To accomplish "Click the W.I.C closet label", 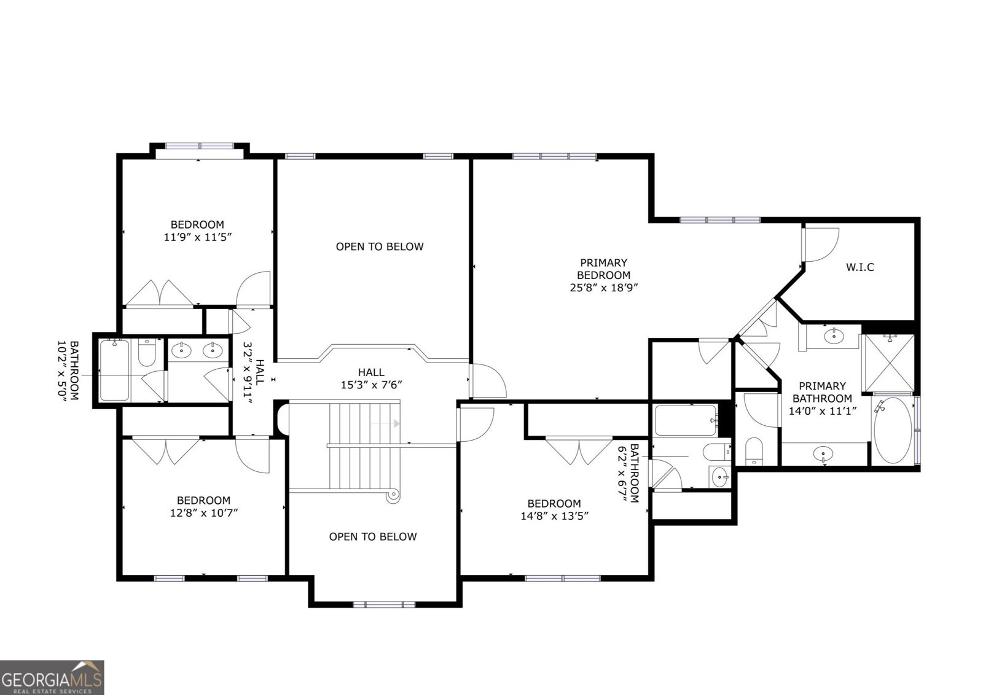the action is pos(860,267).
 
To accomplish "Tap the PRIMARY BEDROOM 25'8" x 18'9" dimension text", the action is pos(603,275).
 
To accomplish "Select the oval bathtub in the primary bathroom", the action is pos(893,430).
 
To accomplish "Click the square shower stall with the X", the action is pos(888,363).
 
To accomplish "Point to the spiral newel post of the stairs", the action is pos(393,495).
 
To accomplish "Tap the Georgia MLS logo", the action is pos(52,677).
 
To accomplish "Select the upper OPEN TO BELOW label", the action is pos(380,247).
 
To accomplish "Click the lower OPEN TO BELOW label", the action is pos(372,536).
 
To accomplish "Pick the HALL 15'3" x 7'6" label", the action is pos(371,379).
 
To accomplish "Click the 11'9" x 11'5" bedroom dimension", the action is pos(197,237).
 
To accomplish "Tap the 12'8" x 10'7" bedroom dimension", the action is pos(203,512).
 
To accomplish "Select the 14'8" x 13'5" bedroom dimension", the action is pos(554,516).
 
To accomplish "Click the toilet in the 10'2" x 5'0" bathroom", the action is pos(147,352).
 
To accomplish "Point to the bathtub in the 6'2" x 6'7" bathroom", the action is pos(686,420).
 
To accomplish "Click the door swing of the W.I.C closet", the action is pos(821,245).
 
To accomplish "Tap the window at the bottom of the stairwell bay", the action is pos(384,605).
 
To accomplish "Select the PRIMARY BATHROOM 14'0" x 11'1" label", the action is pos(823,398).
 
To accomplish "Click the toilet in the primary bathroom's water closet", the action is pos(754,450).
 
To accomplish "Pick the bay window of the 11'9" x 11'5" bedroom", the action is pos(200,146).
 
